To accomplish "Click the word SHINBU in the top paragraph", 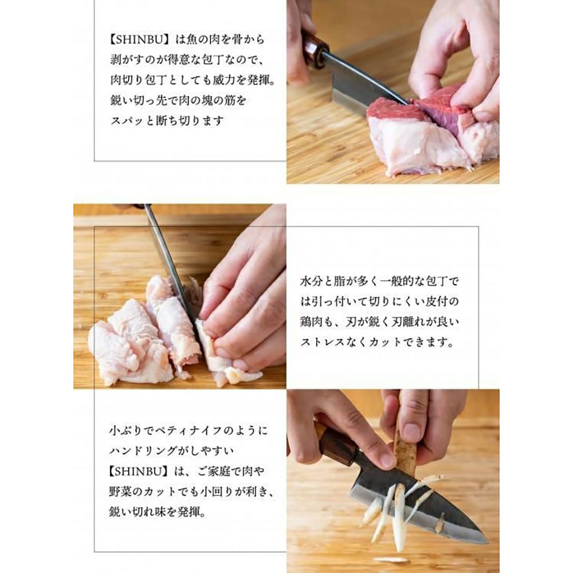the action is click(x=139, y=40).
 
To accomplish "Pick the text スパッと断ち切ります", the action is click(x=167, y=120).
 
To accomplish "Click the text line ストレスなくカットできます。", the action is click(x=377, y=343).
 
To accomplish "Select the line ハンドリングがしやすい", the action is click(x=171, y=451).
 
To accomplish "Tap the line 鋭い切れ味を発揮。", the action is click(x=158, y=512).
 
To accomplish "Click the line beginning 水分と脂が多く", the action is click(x=379, y=281).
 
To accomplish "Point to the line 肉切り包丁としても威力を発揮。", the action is click(x=193, y=80).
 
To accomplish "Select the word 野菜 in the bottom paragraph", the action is click(x=120, y=492).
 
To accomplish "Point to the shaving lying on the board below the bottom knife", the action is click(x=388, y=559).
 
